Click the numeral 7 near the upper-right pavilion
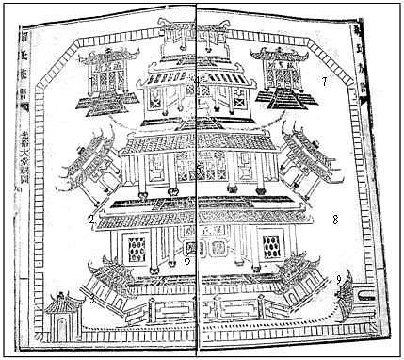pyautogui.click(x=323, y=82)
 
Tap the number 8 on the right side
pyautogui.click(x=334, y=219)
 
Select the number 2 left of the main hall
pyautogui.click(x=89, y=221)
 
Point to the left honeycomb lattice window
pyautogui.click(x=137, y=249)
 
